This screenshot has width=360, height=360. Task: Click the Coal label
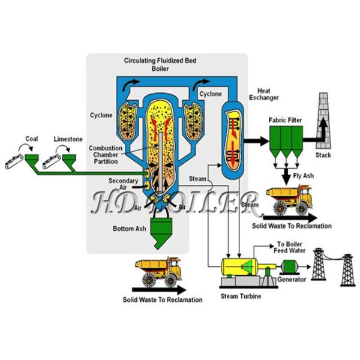pyautogui.click(x=31, y=139)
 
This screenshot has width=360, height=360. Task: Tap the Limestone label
pyautogui.click(x=68, y=139)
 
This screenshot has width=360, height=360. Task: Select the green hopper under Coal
pyautogui.click(x=32, y=160)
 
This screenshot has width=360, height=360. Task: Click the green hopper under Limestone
pyautogui.click(x=69, y=160)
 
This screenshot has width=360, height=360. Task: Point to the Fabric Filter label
pyautogui.click(x=285, y=120)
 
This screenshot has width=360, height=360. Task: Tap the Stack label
pyautogui.click(x=323, y=155)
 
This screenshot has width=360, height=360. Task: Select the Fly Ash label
pyautogui.click(x=303, y=176)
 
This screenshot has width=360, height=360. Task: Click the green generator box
pyautogui.click(x=290, y=266)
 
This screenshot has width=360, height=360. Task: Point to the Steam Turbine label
pyautogui.click(x=241, y=296)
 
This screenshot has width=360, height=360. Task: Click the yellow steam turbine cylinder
pyautogui.click(x=239, y=267)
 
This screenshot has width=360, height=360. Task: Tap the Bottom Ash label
pyautogui.click(x=129, y=229)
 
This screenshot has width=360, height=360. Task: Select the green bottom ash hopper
pyautogui.click(x=161, y=232)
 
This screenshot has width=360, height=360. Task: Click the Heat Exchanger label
pyautogui.click(x=264, y=94)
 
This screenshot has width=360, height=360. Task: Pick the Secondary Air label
pyautogui.click(x=123, y=184)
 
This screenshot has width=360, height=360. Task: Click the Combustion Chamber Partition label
pyautogui.click(x=106, y=155)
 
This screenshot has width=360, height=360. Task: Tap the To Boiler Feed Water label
pyautogui.click(x=290, y=247)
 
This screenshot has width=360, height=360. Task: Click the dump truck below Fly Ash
pyautogui.click(x=289, y=199)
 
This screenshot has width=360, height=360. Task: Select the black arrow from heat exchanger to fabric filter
pyautogui.click(x=256, y=141)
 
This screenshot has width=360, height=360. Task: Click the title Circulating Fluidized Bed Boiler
pyautogui.click(x=160, y=65)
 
